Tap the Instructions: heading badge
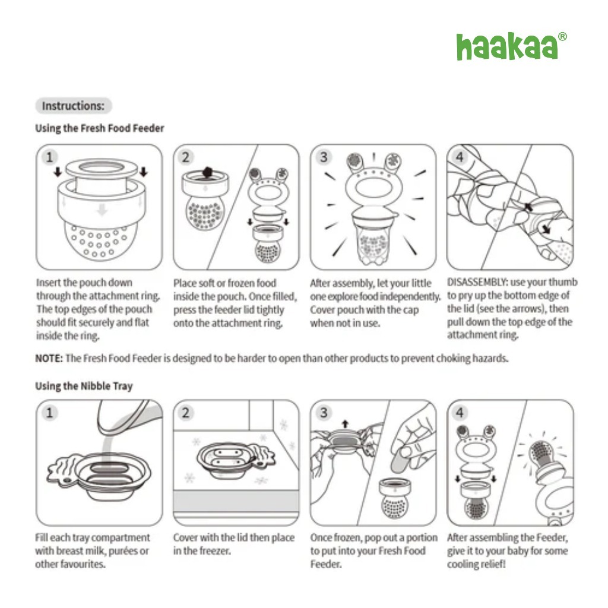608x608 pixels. tap(73, 106)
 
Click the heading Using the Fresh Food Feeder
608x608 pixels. tap(100, 128)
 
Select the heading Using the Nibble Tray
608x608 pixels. tap(84, 386)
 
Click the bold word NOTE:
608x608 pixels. tap(49, 359)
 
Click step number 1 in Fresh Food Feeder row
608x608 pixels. tap(49, 157)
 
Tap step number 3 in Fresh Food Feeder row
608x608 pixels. tap(324, 157)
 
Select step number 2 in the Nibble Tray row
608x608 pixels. tap(186, 413)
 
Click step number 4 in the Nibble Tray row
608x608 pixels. tap(460, 413)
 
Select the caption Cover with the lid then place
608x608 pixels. tap(233, 538)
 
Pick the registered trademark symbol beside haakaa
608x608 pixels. tap(562, 37)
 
